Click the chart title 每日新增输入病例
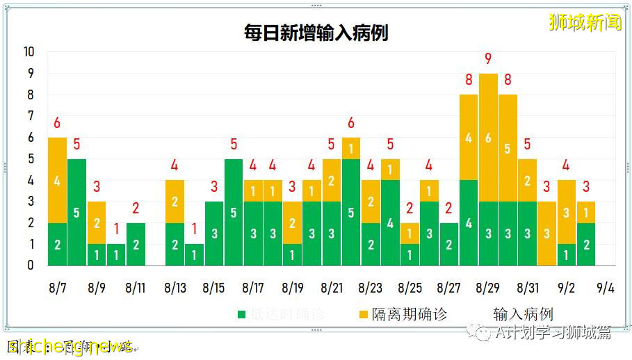316,33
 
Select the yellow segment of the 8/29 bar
488,138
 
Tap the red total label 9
488,59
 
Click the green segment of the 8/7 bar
57,244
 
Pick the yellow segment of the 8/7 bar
57,180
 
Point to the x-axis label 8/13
175,288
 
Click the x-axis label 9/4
606,288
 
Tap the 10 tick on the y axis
29,52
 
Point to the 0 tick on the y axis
29,265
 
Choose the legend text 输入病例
523,314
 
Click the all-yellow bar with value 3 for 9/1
547,234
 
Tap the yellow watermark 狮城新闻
585,22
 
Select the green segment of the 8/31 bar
528,234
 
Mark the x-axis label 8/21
332,288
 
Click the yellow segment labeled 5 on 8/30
508,148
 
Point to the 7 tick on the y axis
29,116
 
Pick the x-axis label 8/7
58,288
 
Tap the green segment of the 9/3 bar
586,244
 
